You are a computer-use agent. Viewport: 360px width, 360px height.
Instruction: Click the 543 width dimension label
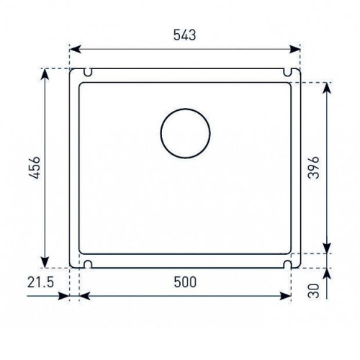[184, 35]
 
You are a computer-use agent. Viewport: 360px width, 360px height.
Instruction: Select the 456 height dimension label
[34, 168]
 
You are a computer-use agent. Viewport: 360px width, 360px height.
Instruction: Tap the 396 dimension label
[314, 168]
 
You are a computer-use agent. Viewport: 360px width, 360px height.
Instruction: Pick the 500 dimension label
[185, 282]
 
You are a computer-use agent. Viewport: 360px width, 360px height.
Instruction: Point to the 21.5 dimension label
[40, 282]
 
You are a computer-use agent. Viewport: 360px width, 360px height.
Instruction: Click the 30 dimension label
[314, 291]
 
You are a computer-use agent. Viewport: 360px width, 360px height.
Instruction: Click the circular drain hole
[185, 133]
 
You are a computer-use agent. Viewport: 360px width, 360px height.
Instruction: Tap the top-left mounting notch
[88, 72]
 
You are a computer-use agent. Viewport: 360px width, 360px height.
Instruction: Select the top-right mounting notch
[287, 72]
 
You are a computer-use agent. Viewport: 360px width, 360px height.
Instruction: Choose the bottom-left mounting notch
[88, 264]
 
